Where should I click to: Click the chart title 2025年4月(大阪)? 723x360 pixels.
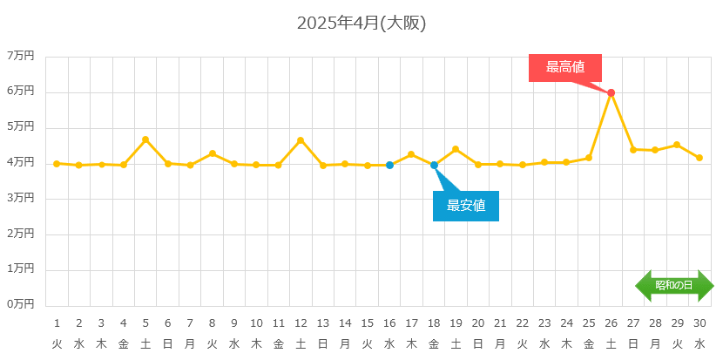tap(361, 24)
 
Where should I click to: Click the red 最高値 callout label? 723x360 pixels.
tap(564, 67)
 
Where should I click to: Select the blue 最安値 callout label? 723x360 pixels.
tap(466, 206)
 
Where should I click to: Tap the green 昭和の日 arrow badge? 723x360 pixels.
tap(674, 285)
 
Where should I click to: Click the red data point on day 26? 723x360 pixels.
tap(611, 92)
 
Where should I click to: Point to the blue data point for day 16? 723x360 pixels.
tap(389, 165)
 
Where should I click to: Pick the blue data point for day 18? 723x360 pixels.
tap(434, 165)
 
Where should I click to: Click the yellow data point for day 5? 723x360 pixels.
tap(145, 139)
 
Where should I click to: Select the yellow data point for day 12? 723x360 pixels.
tap(301, 140)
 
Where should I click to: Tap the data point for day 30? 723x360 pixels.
tap(699, 158)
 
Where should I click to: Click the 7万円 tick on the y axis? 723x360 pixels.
tap(20, 56)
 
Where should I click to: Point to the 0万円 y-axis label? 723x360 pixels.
tap(20, 304)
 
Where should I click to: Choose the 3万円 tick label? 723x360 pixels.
tap(20, 198)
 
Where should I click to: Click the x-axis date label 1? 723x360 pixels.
tap(57, 323)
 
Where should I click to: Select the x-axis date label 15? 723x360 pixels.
tap(367, 323)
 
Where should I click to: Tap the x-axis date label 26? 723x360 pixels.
tap(611, 323)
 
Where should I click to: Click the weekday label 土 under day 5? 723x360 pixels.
tap(145, 343)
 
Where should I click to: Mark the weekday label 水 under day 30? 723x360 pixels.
tap(699, 343)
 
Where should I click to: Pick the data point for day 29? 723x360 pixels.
tap(677, 145)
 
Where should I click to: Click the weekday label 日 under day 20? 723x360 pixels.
tap(478, 343)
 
